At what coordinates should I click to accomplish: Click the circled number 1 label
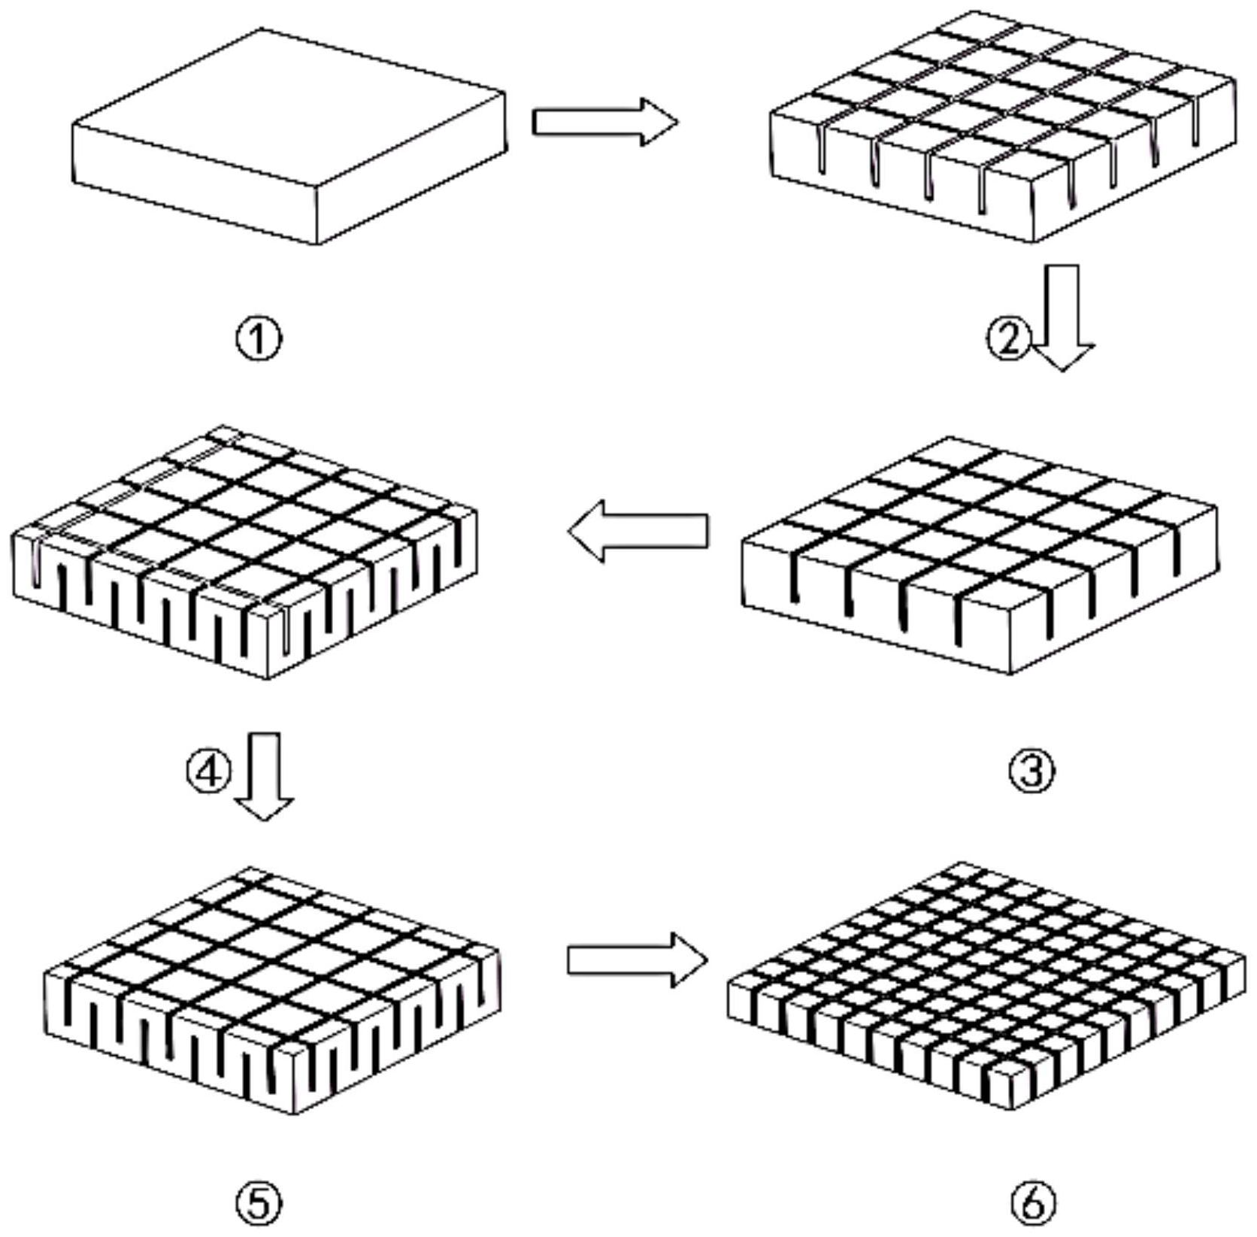pyautogui.click(x=259, y=339)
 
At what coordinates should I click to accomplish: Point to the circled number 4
pyautogui.click(x=208, y=772)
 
